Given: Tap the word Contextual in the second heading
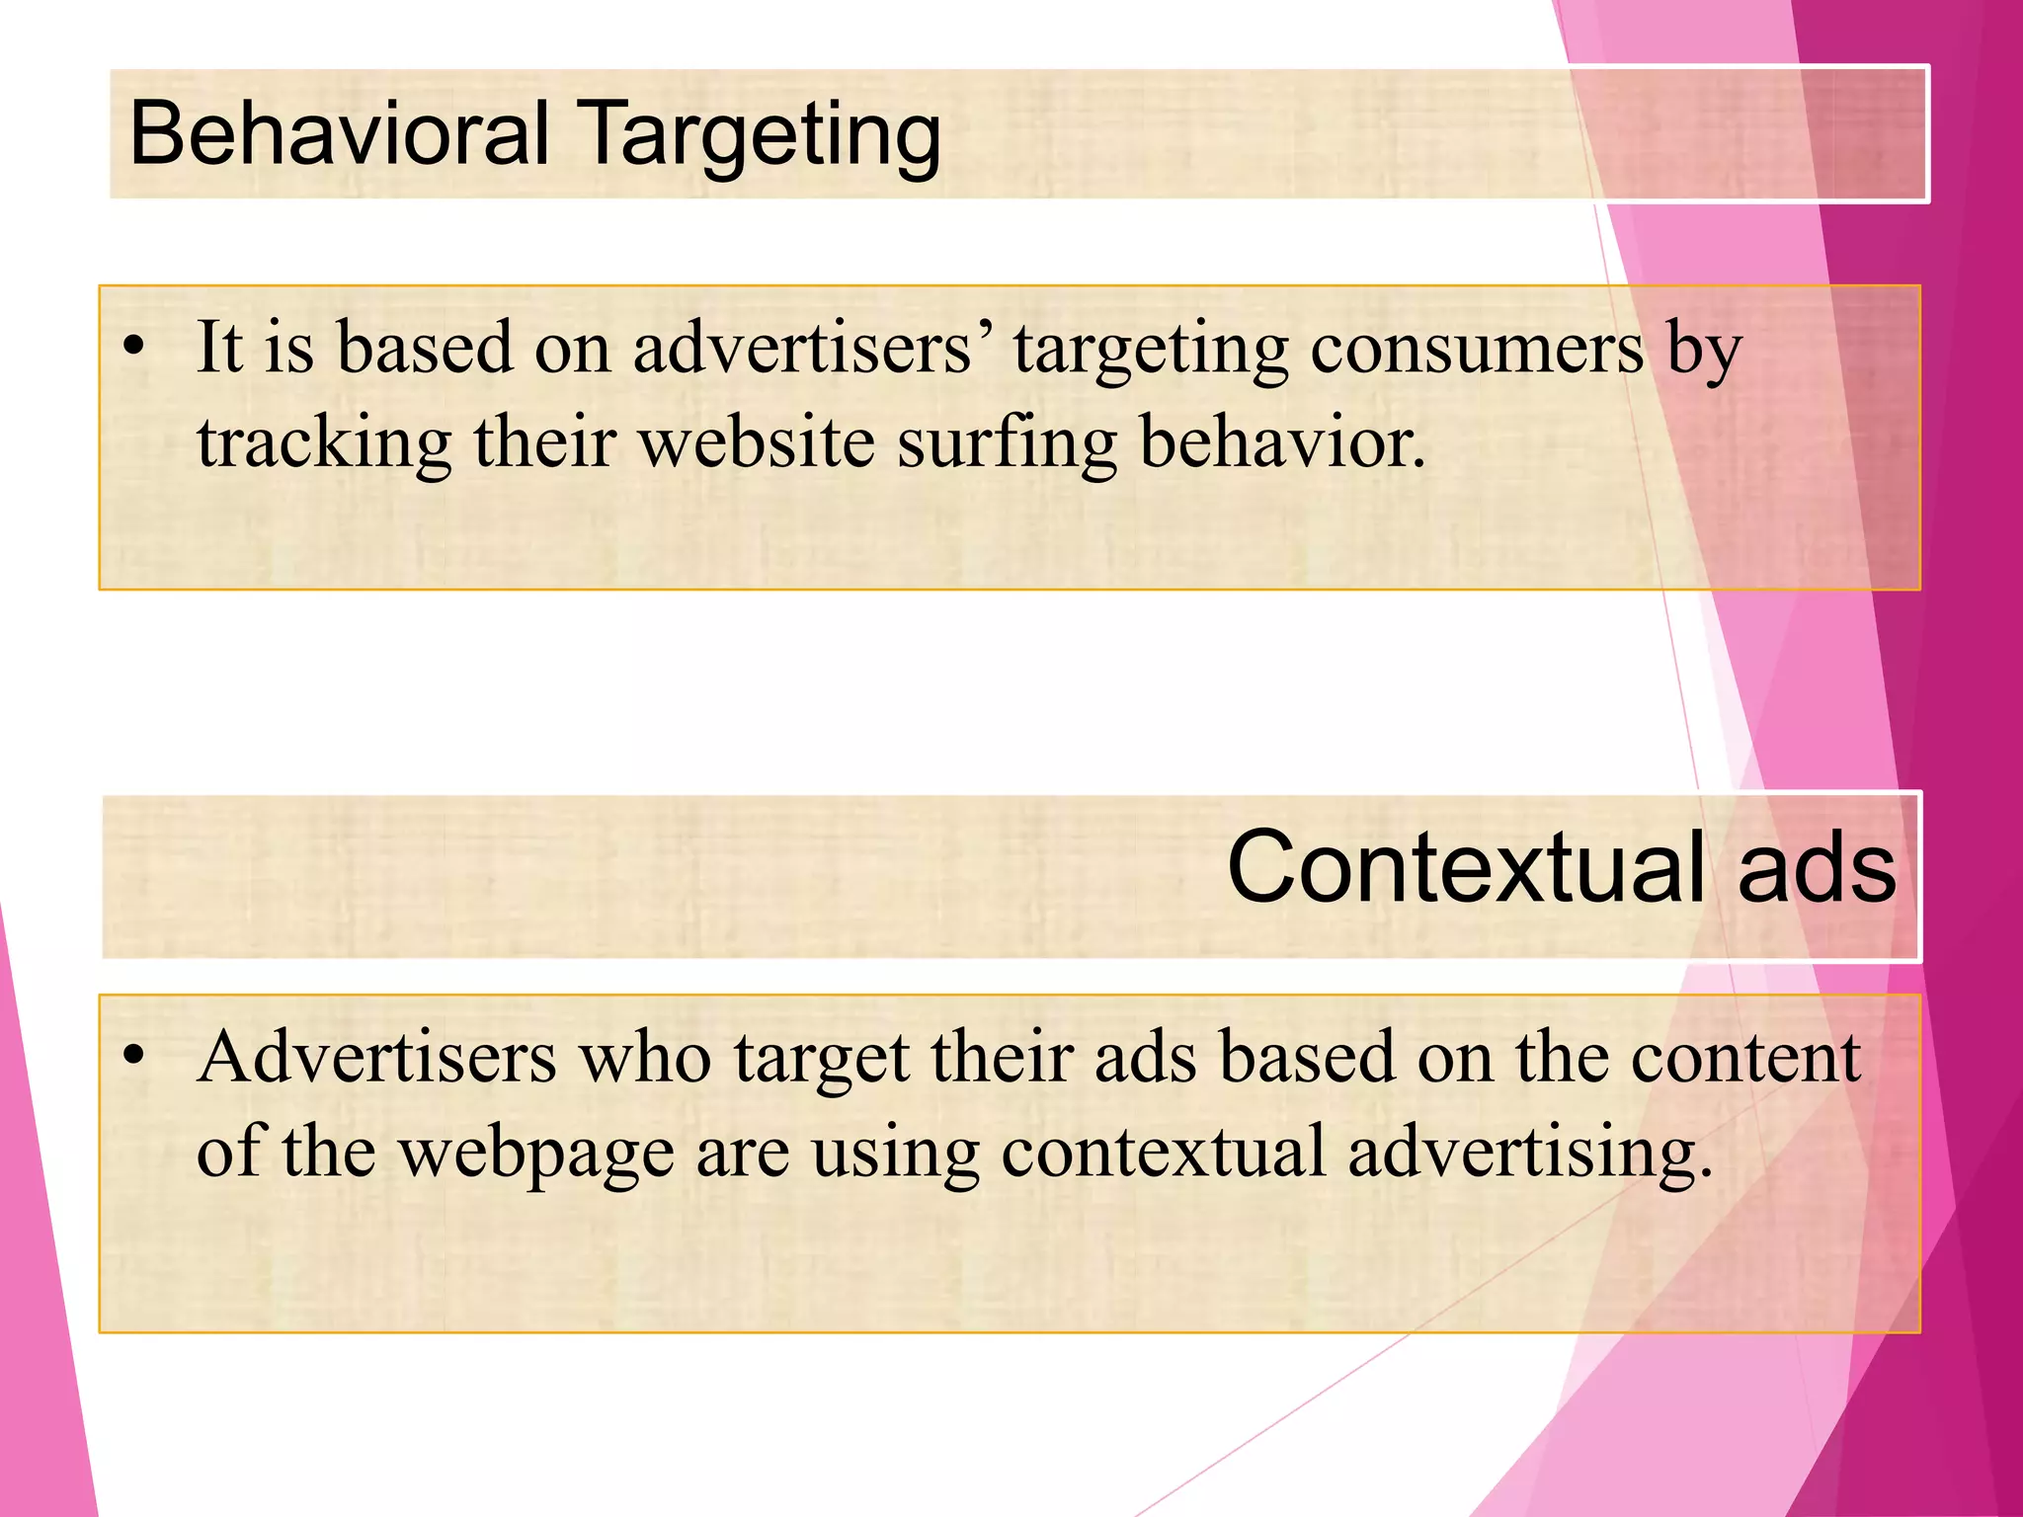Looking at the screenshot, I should (x=1466, y=867).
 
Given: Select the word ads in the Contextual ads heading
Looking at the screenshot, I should (x=1817, y=867).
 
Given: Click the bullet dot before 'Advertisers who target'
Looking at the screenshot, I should (x=134, y=1057).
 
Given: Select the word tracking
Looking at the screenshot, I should (x=324, y=441).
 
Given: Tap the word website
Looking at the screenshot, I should (x=757, y=441).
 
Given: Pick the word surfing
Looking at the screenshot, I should (x=1007, y=443).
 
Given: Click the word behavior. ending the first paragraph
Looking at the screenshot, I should (x=1283, y=441).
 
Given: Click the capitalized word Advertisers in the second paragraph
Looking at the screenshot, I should (x=376, y=1057).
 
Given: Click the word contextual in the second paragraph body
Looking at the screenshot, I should (x=1163, y=1151).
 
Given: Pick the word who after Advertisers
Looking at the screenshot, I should (x=645, y=1057).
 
